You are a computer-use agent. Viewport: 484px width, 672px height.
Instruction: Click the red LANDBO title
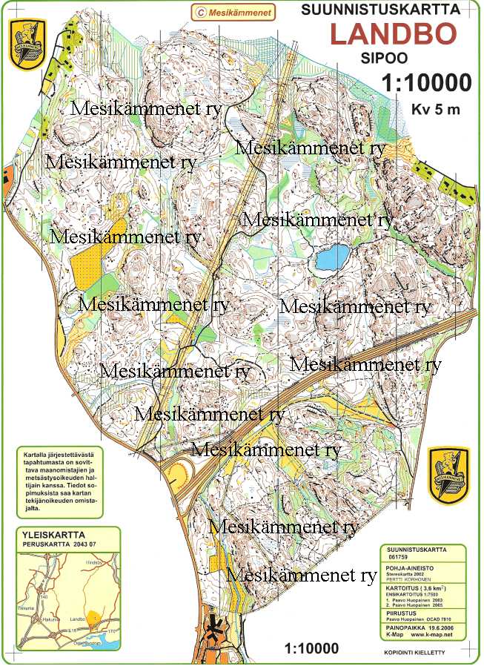(x=393, y=35)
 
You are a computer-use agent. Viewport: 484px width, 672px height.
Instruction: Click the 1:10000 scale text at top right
(x=426, y=82)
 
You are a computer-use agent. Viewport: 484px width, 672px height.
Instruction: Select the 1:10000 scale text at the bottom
(x=316, y=648)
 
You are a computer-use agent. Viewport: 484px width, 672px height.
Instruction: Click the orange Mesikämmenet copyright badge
(x=233, y=12)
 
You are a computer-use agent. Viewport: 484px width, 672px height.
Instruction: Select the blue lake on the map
(x=333, y=258)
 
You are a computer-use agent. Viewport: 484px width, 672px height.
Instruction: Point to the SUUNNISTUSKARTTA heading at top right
(x=380, y=10)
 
